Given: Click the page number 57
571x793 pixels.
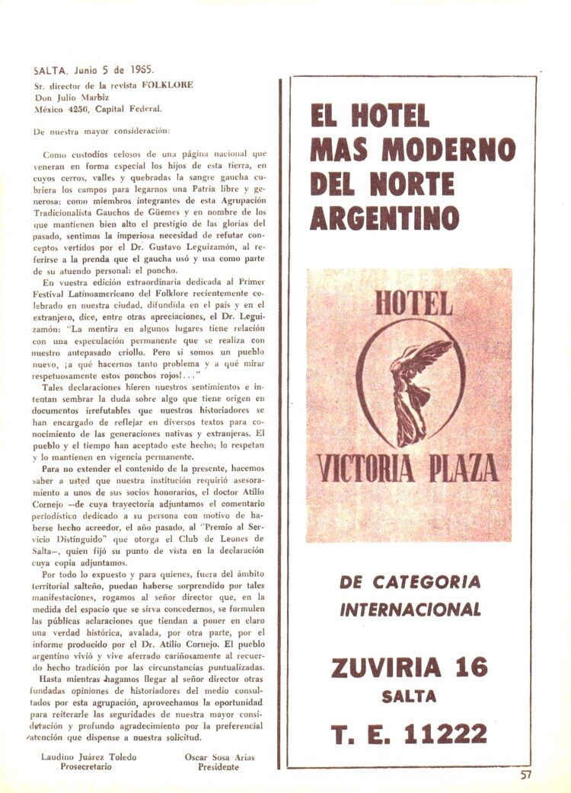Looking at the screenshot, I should [525, 775].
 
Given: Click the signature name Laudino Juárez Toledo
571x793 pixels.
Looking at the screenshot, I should [90, 757].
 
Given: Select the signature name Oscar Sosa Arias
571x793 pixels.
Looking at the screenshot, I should [218, 757].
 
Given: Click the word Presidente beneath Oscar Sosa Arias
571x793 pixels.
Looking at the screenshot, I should [219, 768].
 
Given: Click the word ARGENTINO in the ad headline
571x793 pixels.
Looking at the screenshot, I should [384, 218].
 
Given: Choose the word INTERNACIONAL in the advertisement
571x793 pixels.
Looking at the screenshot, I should [410, 610].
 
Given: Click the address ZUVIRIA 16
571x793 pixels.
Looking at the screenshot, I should [410, 667].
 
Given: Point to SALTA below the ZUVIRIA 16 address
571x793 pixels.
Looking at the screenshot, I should [410, 696].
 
